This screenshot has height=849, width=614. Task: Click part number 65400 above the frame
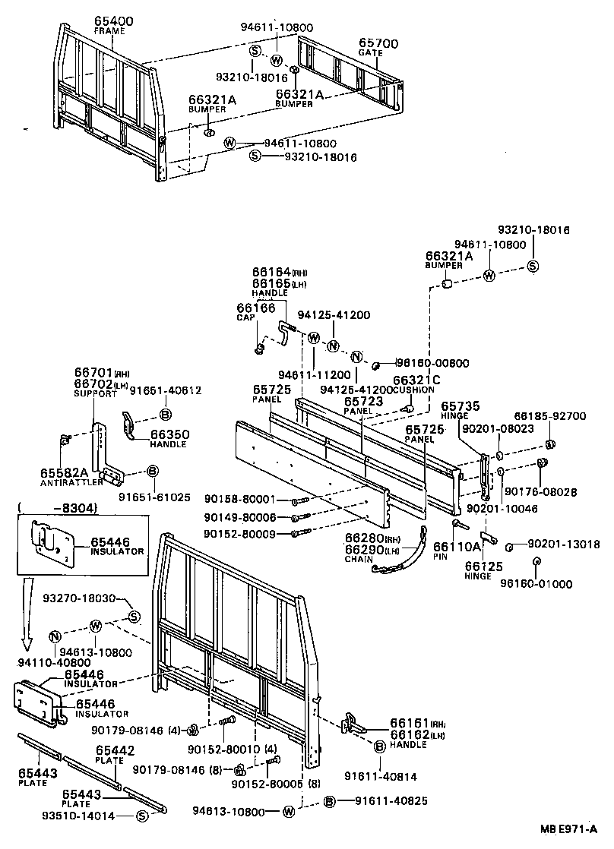point(113,21)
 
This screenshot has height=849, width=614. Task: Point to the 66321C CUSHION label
point(413,384)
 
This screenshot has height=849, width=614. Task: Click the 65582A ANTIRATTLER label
point(71,478)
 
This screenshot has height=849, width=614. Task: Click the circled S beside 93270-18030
point(134,616)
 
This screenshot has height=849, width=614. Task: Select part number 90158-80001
point(246,499)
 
